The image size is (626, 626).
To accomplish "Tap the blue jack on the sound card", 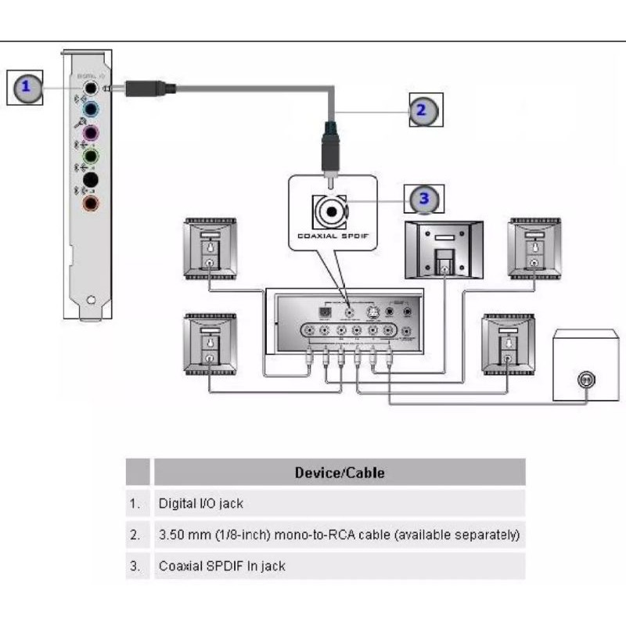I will [x=92, y=109].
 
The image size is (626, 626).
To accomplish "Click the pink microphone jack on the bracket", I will [x=92, y=132].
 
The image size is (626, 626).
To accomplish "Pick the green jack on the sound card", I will [x=92, y=156].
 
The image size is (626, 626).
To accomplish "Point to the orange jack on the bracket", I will [x=92, y=203].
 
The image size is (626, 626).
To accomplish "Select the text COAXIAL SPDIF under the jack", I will [x=332, y=234].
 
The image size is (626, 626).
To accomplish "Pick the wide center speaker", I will [x=444, y=250].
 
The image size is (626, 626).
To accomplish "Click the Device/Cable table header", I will [x=339, y=473].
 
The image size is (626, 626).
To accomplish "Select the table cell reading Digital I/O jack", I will [x=201, y=504].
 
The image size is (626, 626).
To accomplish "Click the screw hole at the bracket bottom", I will [x=92, y=300].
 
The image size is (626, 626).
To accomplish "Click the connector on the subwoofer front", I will [x=583, y=380].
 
